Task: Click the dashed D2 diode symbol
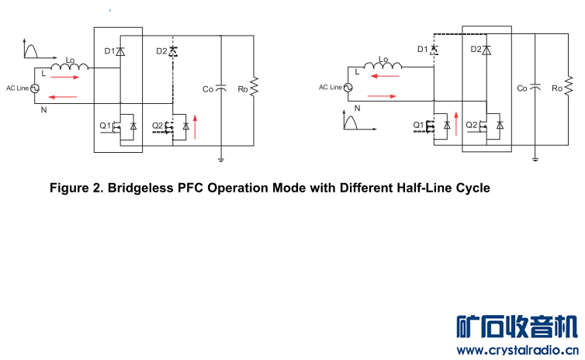(x=172, y=52)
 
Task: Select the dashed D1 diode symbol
(x=434, y=50)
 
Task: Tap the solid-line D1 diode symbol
(x=120, y=51)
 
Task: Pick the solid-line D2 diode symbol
(x=486, y=50)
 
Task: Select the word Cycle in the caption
(x=468, y=189)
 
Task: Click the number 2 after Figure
(x=98, y=189)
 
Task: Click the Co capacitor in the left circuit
(x=221, y=88)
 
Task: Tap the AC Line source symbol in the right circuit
(x=347, y=87)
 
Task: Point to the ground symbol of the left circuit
(x=221, y=159)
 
